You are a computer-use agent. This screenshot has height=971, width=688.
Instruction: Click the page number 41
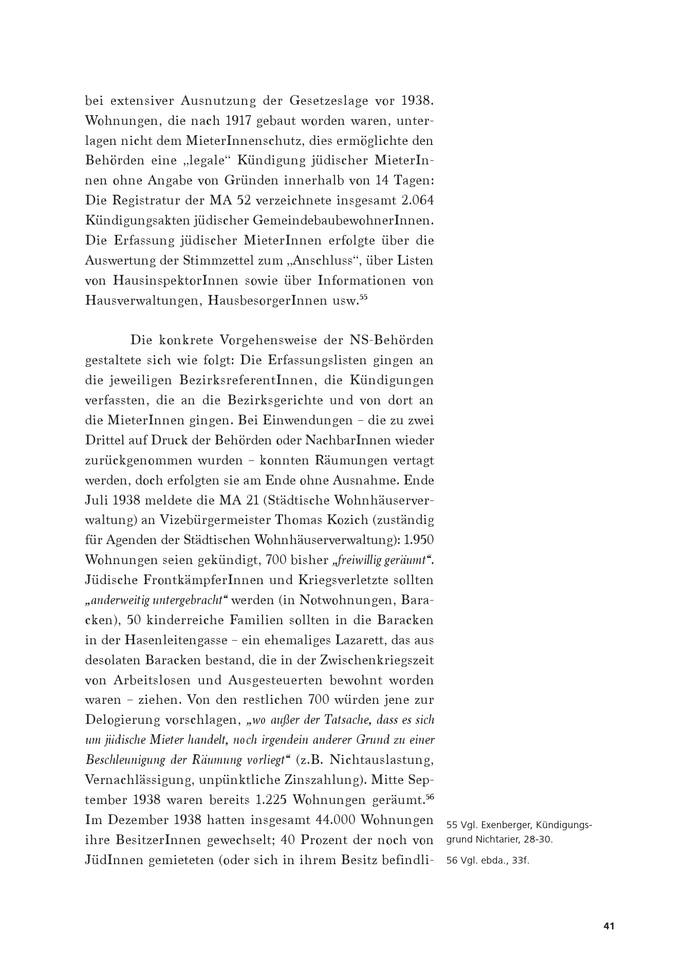pyautogui.click(x=609, y=926)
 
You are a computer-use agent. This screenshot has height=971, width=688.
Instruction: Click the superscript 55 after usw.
pyautogui.click(x=363, y=297)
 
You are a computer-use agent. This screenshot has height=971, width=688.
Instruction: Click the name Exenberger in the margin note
pyautogui.click(x=504, y=826)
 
